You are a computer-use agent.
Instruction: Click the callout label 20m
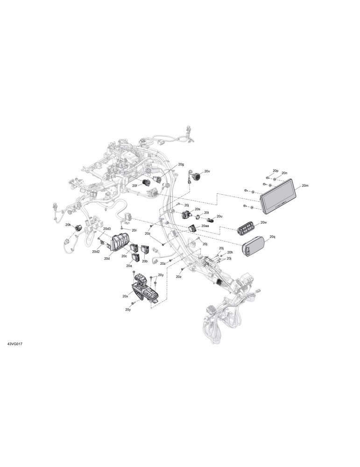[x=305, y=185]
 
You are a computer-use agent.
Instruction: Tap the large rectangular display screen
[x=279, y=196]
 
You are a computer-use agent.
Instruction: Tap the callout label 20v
[x=207, y=171]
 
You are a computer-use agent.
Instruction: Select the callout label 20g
[x=181, y=164]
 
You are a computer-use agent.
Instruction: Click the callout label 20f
[x=135, y=185]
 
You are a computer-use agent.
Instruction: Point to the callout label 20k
[x=68, y=225]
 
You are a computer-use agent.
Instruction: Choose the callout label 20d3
[x=107, y=229]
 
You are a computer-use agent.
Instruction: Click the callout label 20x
[x=125, y=297]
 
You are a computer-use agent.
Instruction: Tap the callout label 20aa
[x=205, y=226]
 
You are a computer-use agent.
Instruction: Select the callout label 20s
[x=198, y=210]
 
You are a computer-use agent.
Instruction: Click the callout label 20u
[x=219, y=216]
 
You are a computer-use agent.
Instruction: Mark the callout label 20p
[x=275, y=170]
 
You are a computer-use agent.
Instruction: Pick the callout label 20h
[x=230, y=252]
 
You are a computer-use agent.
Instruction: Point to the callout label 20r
[x=134, y=230]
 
